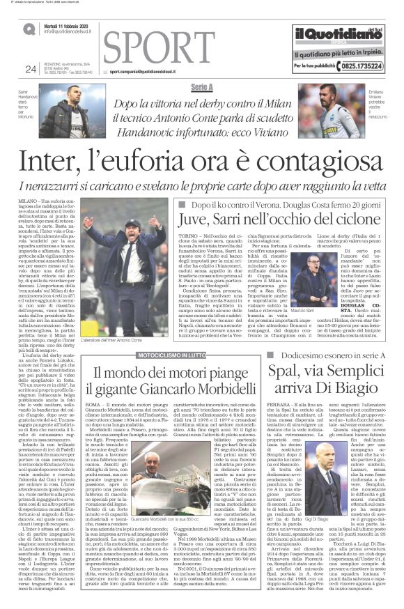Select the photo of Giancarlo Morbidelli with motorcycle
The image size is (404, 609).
point(143,489)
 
